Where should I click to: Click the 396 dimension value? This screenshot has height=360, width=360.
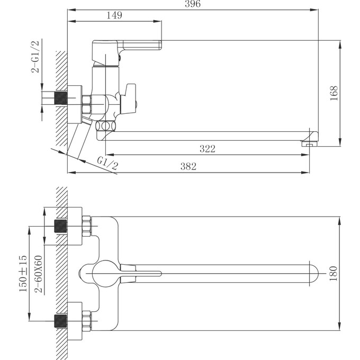point(193,4)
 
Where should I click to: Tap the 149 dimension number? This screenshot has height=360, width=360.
point(114,15)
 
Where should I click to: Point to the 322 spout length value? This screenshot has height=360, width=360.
point(208,149)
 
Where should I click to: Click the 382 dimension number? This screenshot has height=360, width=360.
point(188,166)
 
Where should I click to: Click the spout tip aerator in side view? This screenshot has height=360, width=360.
point(309,141)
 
